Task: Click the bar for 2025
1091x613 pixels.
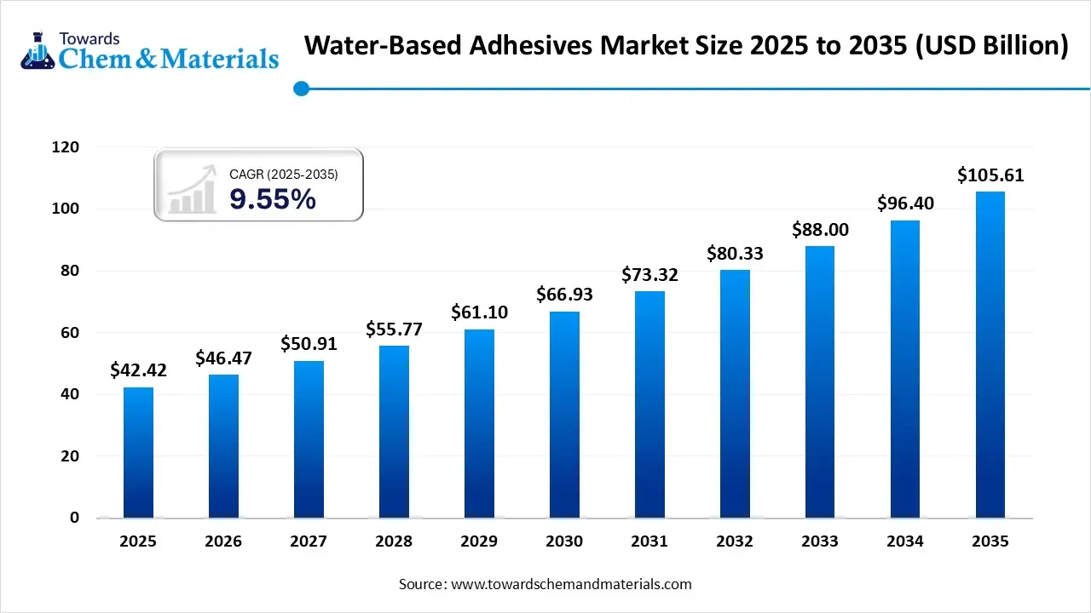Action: click(x=138, y=452)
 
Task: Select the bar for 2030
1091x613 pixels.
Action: click(x=564, y=415)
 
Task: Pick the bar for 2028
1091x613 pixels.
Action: click(x=394, y=432)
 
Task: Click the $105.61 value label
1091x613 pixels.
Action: click(x=990, y=176)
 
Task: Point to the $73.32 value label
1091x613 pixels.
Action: click(x=649, y=275)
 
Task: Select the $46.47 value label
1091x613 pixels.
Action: click(x=223, y=358)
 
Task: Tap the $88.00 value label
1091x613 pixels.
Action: click(x=820, y=230)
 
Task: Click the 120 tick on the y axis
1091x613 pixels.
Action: click(x=66, y=147)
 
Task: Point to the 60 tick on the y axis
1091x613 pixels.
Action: click(x=71, y=333)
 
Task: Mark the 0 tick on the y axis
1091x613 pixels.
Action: click(x=74, y=518)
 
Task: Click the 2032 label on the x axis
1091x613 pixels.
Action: click(x=735, y=541)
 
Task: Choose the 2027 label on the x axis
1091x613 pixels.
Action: click(x=309, y=541)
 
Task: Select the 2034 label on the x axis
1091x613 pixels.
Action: click(x=905, y=541)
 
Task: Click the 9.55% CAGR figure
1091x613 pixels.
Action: click(x=273, y=200)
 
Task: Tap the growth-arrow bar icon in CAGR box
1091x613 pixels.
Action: click(x=191, y=190)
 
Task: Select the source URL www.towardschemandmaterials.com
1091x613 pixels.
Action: click(x=570, y=584)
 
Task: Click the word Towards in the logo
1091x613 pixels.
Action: click(x=89, y=38)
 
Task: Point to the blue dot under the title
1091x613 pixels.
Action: click(x=300, y=89)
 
